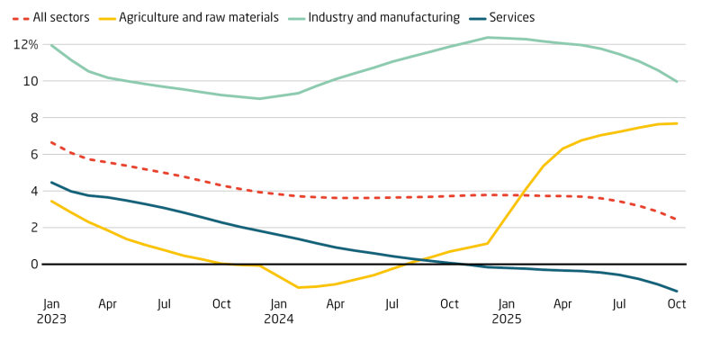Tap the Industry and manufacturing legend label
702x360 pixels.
(384, 17)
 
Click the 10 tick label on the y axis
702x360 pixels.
(31, 81)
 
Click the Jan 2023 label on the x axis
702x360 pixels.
(51, 310)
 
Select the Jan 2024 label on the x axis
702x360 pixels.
(278, 310)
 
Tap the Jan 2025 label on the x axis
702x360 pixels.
(506, 310)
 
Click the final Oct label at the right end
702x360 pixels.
(676, 304)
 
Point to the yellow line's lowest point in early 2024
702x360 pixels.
(298, 287)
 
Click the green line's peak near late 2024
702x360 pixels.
(487, 38)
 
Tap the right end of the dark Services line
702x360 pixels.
(677, 292)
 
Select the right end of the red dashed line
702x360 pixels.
(677, 220)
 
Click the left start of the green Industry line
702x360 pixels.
(51, 45)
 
